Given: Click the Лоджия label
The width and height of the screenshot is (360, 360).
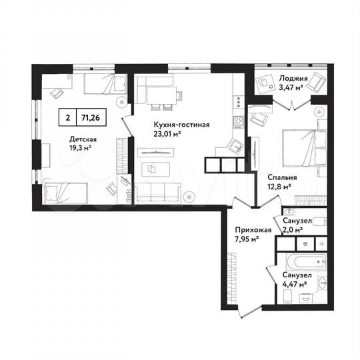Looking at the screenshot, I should [292, 78].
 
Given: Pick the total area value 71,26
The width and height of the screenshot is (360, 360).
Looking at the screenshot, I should [93, 117].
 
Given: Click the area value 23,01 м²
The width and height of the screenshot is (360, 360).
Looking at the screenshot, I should [168, 133].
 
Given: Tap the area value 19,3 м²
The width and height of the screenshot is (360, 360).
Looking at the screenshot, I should [83, 149].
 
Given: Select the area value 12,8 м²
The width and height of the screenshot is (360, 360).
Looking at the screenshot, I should [278, 187].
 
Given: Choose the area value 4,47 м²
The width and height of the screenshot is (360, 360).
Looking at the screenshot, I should [294, 284].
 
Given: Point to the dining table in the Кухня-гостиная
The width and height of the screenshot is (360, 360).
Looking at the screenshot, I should [160, 95].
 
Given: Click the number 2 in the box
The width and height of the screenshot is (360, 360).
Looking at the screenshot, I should [67, 117].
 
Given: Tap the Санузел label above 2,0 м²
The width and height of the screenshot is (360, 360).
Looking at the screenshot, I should [295, 221].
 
